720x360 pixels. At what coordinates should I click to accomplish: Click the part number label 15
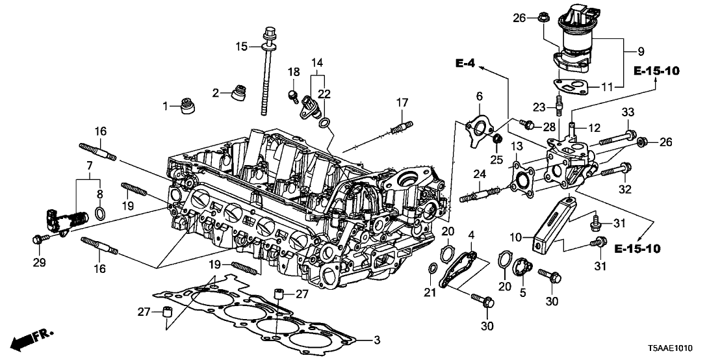(242, 47)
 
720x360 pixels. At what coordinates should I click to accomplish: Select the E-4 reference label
(465, 64)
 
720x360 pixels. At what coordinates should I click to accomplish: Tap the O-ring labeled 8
(101, 213)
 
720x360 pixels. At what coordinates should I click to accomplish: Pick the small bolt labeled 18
(293, 96)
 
